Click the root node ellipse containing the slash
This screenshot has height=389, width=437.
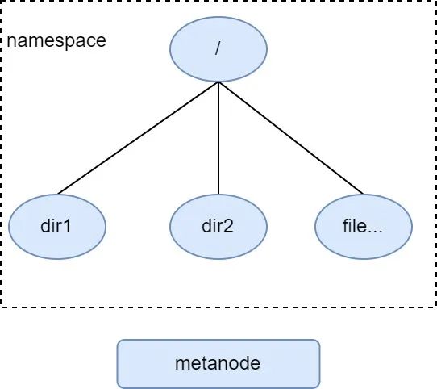(x=218, y=49)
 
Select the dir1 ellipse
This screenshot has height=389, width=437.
(x=57, y=227)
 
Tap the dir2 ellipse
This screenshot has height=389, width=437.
(x=218, y=227)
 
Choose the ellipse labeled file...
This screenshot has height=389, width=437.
(x=364, y=227)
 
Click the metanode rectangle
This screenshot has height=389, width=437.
(x=218, y=364)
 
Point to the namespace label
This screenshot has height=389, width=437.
(x=56, y=40)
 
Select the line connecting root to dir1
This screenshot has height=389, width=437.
(x=138, y=138)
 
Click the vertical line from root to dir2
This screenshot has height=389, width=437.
(x=218, y=138)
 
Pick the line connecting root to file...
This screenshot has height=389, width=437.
(x=291, y=138)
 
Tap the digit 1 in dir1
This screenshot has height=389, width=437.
(x=67, y=226)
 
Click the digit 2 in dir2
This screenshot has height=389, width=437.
(x=228, y=226)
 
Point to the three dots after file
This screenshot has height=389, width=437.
(x=375, y=232)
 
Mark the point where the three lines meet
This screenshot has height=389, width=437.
(x=218, y=82)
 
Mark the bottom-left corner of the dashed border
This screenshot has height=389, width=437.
(x=1, y=307)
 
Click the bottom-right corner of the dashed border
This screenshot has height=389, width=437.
(x=435, y=307)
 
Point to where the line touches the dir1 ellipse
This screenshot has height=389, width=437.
(x=58, y=194)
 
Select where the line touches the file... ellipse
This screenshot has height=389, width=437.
(x=364, y=194)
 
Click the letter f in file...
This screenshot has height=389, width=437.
(x=345, y=226)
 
